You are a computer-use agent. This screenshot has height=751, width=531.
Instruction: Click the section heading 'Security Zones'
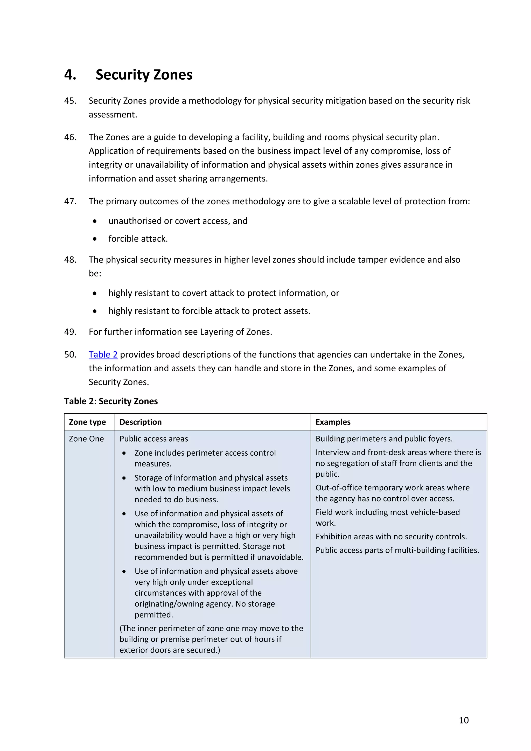coord(144,75)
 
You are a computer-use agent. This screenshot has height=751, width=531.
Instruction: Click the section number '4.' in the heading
coord(70,75)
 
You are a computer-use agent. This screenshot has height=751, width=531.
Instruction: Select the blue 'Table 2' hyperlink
coord(103,354)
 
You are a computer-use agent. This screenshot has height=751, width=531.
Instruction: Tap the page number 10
coord(464,720)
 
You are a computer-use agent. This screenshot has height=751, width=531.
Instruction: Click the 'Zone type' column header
coord(87,422)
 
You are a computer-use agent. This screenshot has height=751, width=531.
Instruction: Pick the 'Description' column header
coord(141,422)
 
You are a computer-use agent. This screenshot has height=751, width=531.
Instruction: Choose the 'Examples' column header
coord(333,422)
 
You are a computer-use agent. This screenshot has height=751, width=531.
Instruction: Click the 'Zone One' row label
coord(86,439)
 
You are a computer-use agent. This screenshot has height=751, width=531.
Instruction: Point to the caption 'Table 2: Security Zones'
coord(111,401)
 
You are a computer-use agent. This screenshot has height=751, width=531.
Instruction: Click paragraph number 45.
coord(70,101)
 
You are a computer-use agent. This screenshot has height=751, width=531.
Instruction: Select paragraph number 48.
coord(70,260)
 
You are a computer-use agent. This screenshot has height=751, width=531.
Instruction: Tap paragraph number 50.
coord(70,354)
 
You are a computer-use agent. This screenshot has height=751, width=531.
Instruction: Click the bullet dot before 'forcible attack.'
coord(94,239)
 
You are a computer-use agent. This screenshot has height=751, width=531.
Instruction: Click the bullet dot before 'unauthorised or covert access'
coord(94,221)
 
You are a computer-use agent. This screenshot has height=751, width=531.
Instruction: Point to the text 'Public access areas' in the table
coord(154,439)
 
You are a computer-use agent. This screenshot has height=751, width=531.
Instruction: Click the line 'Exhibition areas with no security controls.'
coord(391,537)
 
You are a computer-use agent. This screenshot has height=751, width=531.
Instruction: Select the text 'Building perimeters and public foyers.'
coord(384,439)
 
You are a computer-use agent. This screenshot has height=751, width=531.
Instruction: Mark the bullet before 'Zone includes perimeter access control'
coord(124,453)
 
